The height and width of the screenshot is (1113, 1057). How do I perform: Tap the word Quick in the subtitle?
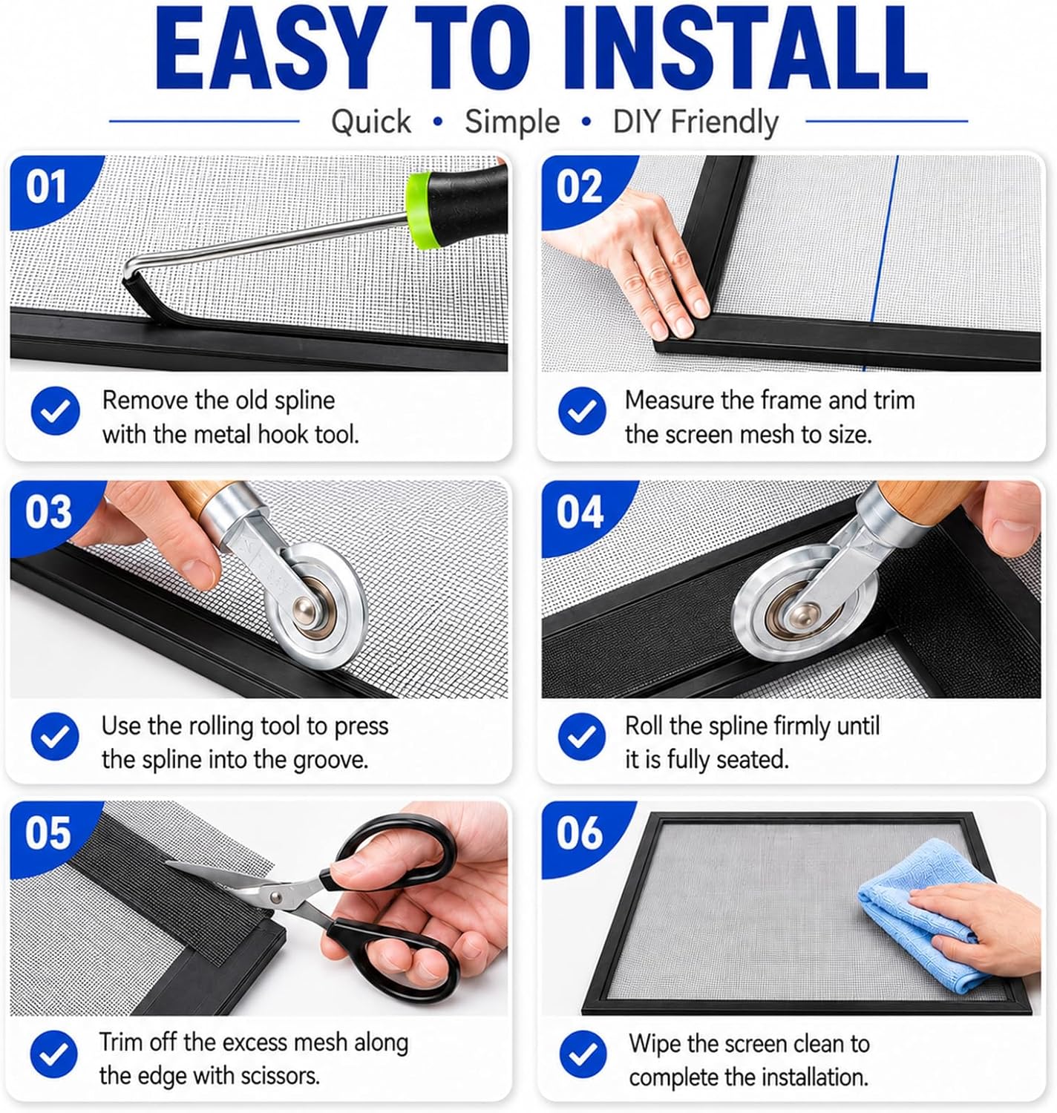(371, 122)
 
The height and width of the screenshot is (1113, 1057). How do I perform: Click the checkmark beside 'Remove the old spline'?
(55, 411)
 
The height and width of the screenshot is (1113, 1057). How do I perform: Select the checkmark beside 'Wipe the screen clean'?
(582, 1054)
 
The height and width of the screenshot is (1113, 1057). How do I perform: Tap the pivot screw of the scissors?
(276, 897)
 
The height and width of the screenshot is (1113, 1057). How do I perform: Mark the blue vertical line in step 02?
(881, 264)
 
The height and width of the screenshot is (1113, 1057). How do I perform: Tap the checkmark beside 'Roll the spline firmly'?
(582, 736)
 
